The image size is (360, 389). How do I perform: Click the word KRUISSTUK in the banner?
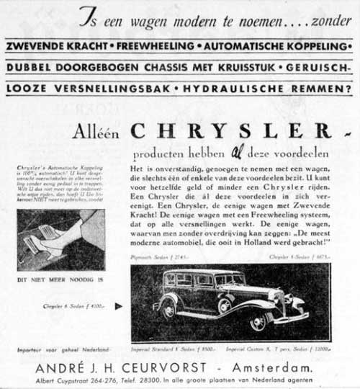coord(235,70)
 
